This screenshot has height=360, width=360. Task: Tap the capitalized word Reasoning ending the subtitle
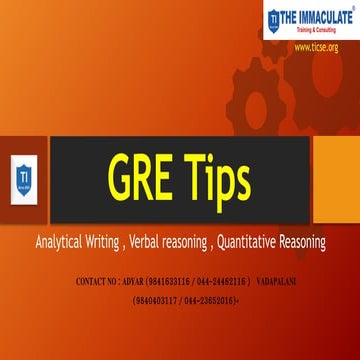pos(324,242)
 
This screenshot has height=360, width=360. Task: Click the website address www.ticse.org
pos(315,47)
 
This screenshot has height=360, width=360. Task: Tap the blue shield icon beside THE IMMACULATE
pos(273,21)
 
